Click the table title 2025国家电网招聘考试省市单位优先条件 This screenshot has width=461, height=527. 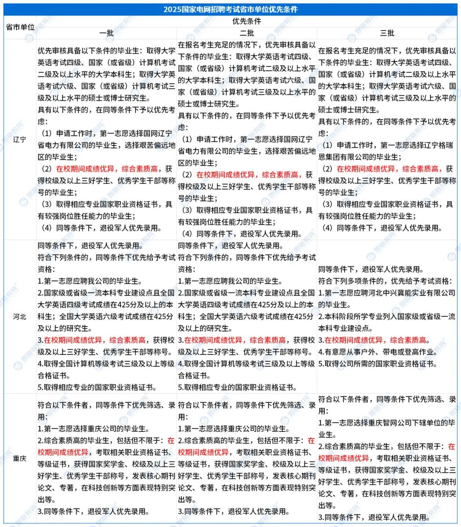pos(230,9)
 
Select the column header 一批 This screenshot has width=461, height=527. pos(106,33)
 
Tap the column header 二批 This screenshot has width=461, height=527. pos(247,33)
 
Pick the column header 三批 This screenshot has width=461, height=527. pos(387,33)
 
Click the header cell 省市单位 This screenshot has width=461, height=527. pos(20,27)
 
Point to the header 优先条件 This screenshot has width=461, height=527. pos(247,21)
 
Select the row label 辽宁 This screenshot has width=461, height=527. pos(20,140)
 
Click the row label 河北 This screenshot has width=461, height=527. pos(20,316)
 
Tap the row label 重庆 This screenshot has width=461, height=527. pos(20,458)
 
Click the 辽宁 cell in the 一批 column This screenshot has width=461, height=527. pos(106,140)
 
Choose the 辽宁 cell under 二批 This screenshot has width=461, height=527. pos(247,140)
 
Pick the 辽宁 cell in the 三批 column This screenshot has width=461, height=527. pos(387,140)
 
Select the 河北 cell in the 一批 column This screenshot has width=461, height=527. pos(106,316)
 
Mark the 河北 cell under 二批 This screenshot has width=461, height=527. pos(247,316)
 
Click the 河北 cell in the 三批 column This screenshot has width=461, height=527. pos(387,316)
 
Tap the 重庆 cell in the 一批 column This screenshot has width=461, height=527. pos(106,458)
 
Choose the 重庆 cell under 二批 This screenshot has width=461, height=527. pos(247,458)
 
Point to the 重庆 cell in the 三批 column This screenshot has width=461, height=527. pos(387,458)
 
